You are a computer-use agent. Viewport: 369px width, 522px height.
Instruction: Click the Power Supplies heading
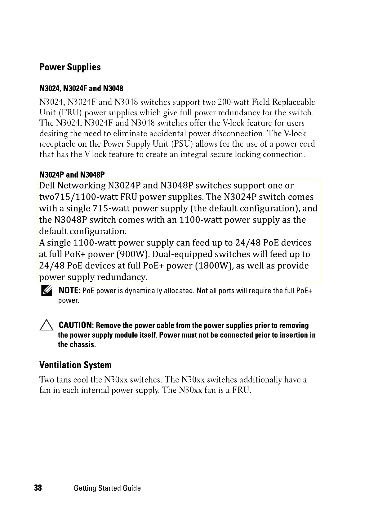70,67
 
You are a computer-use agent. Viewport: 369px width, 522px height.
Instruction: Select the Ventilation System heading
75,365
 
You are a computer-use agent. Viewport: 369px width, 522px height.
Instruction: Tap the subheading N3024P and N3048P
72,175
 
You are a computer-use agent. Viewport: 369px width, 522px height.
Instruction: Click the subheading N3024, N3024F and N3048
81,89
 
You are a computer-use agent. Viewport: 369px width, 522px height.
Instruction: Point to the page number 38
38,488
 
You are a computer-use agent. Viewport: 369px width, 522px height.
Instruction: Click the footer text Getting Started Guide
107,488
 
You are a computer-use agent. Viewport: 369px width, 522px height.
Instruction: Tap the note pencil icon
46,291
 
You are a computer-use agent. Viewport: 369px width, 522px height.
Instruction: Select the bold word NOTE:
70,290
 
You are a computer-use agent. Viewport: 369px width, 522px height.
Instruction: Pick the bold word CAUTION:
76,325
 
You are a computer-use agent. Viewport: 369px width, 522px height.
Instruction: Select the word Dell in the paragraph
47,185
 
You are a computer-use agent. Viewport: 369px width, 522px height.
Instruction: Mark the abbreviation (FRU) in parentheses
70,113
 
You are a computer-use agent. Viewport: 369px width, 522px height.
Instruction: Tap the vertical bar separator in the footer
58,488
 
